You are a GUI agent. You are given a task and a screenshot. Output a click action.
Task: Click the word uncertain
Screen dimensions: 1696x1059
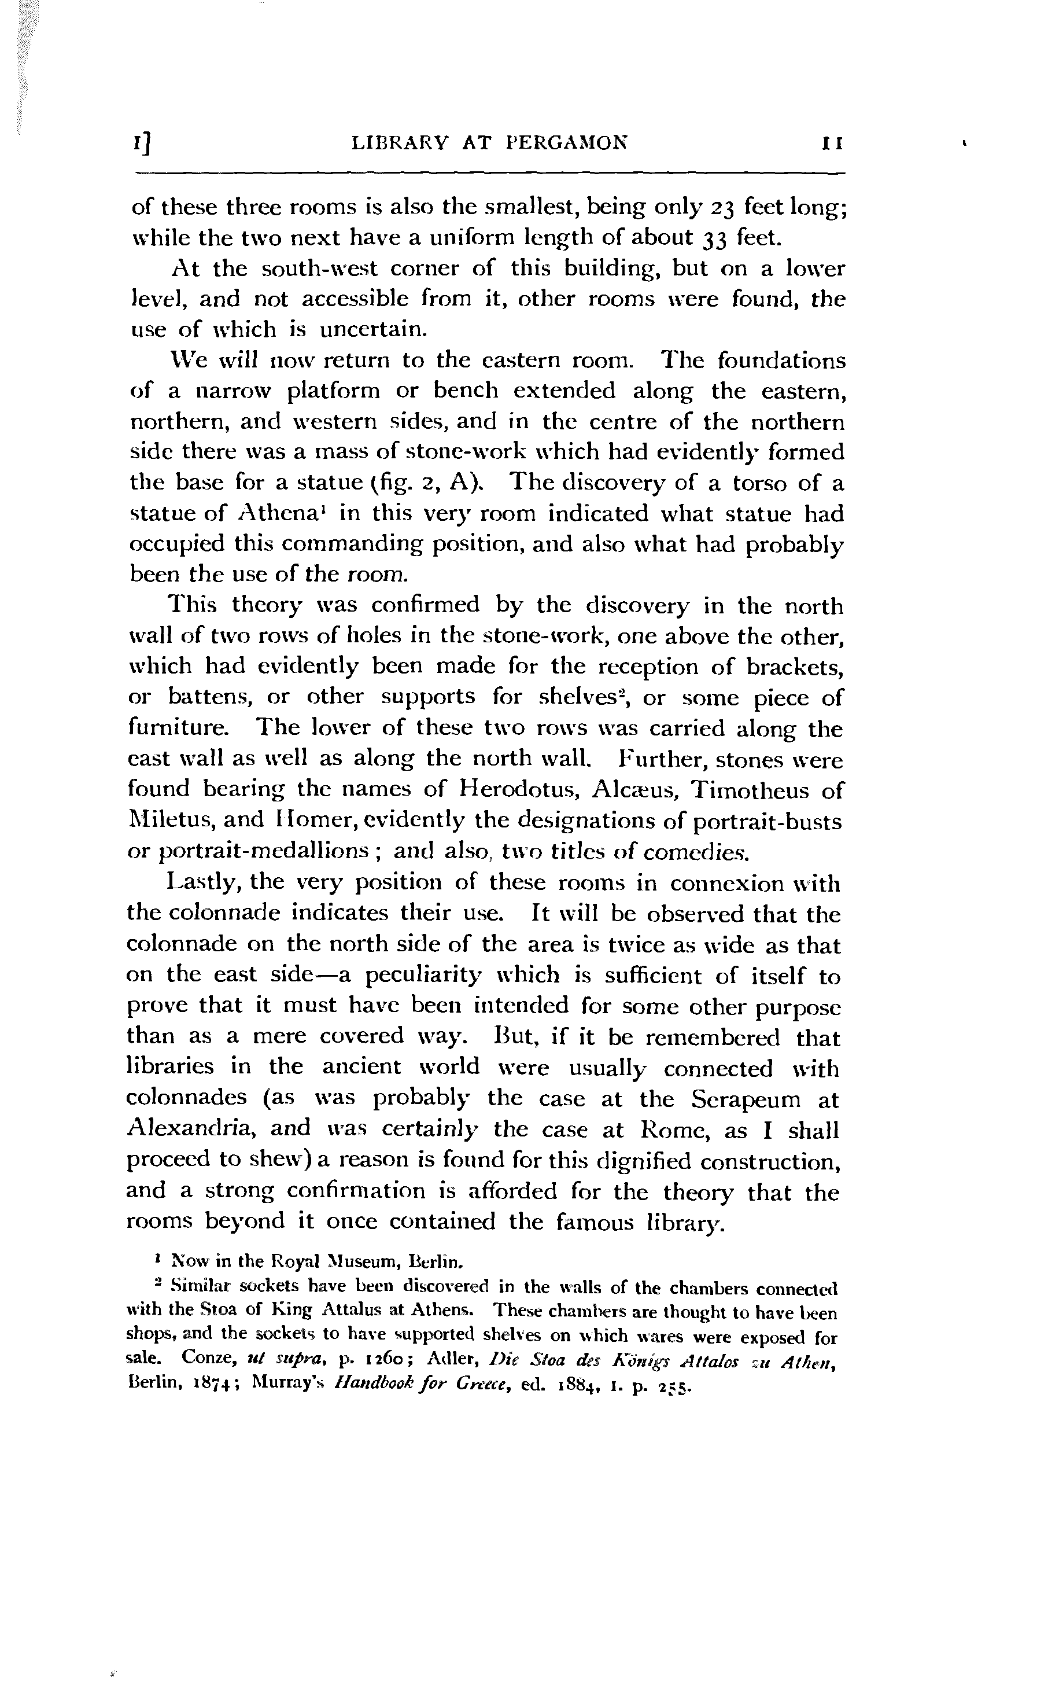(x=373, y=330)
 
